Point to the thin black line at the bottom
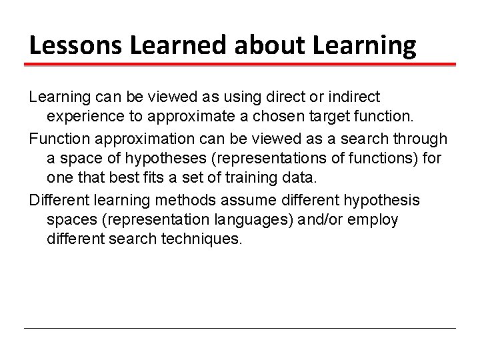coord(240,328)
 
